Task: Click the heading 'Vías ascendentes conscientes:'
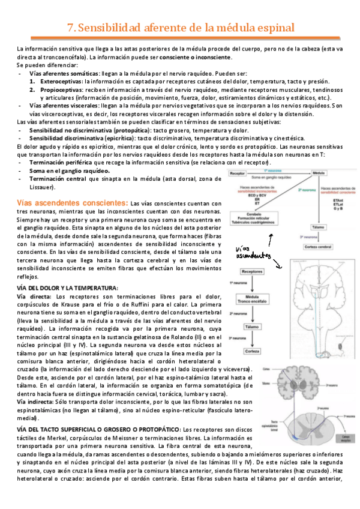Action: (72, 203)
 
